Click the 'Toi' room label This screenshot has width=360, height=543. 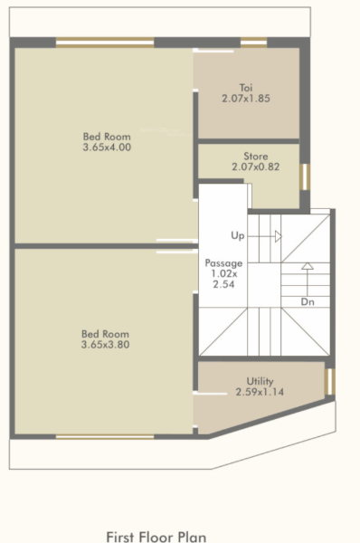246,87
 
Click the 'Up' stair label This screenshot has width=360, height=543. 239,236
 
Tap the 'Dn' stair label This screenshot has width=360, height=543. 308,301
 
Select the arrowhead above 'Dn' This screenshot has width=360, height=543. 308,267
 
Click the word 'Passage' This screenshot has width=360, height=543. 223,262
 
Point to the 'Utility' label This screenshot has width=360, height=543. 260,382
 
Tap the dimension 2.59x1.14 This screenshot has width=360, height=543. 260,393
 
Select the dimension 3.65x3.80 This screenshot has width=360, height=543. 105,345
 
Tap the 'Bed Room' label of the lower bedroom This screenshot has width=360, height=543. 105,334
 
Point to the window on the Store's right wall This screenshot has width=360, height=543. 305,176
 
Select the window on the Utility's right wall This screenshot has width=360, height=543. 328,380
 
